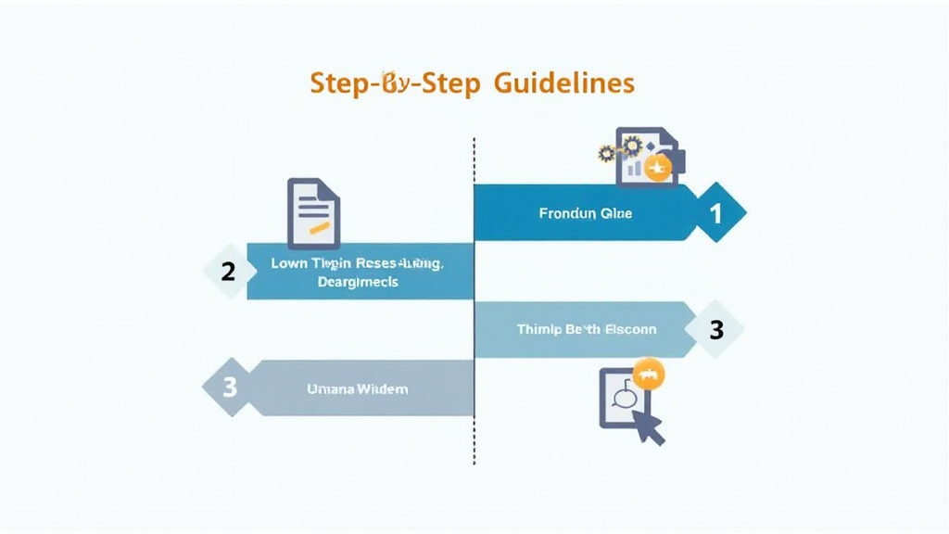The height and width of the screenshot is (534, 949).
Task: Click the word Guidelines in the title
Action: (563, 83)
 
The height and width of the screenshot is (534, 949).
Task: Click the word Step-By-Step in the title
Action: (395, 83)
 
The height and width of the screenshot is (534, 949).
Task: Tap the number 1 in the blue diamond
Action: (715, 213)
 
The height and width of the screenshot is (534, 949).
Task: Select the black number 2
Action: (227, 272)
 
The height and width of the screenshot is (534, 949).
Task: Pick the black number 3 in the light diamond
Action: (715, 329)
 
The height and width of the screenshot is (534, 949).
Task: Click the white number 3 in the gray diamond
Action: (229, 387)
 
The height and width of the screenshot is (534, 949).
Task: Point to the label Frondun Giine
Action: (585, 213)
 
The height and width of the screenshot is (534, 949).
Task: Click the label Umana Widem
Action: (357, 389)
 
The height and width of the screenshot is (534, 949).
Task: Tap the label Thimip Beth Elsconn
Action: (586, 329)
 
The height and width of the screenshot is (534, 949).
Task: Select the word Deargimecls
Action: (357, 282)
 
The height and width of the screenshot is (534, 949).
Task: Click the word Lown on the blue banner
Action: (287, 263)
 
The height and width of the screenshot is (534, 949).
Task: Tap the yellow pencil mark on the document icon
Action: (319, 225)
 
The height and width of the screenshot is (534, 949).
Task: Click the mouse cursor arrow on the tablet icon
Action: (650, 426)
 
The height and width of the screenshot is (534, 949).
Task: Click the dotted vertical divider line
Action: (474, 371)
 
